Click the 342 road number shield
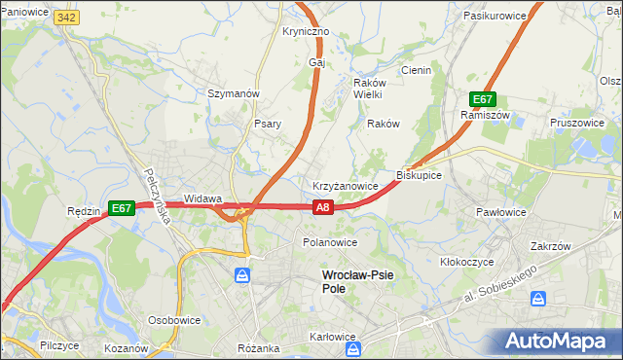[x=66, y=18]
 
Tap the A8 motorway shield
[x=324, y=206]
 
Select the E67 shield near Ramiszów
[x=484, y=99]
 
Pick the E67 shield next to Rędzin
[x=121, y=208]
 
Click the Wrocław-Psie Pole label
[x=358, y=281]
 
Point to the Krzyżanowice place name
[x=345, y=185]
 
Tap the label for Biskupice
[x=420, y=175]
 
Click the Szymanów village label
[x=233, y=93]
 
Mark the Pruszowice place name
[x=577, y=123]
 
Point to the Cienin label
[x=416, y=70]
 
